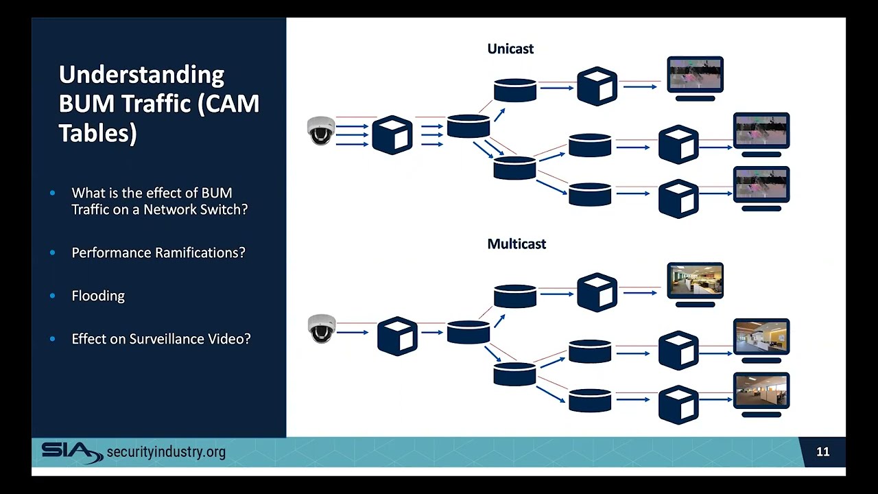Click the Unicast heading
coord(510,49)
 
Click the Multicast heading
coord(516,244)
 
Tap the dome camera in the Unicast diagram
coord(321,130)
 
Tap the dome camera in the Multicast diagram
coord(321,328)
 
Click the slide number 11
coord(822,451)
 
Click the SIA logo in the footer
coord(71,451)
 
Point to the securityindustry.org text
coord(166,451)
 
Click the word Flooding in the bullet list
coord(98,296)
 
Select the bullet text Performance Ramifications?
coord(158,252)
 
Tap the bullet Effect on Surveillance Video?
coord(161,339)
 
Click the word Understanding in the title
coord(141,74)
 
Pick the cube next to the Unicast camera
coord(392,134)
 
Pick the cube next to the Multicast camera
coord(397,336)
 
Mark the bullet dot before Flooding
coord(53,296)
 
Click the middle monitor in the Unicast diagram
coord(761,132)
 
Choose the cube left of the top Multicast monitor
coord(597,292)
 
